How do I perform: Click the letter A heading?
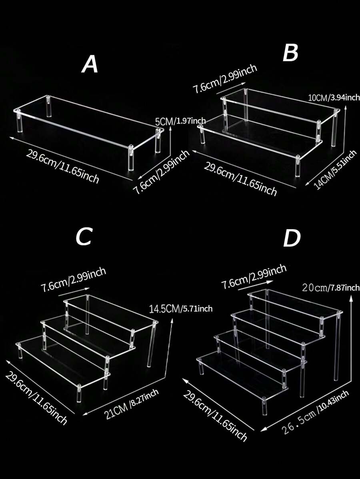90,65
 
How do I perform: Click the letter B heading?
290,53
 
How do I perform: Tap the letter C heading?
84,237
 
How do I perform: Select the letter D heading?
292,239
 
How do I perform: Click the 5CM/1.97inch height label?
180,121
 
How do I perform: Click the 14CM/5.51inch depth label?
335,169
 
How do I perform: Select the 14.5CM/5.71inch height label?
180,309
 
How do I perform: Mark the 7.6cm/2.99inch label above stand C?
73,280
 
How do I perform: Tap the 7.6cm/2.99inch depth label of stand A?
162,172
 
